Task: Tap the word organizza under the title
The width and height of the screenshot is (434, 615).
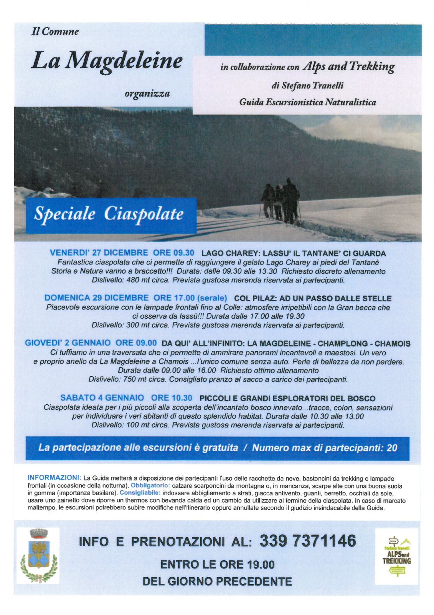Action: click(147, 93)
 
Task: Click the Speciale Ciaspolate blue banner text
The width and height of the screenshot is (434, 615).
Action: click(109, 214)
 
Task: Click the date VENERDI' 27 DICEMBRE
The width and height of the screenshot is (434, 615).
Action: click(99, 253)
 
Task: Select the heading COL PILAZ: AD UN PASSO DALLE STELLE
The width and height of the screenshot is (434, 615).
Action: click(312, 298)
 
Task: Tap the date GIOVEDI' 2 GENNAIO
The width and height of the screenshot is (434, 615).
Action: click(68, 343)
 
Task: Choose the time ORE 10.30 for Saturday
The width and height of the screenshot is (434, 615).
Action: click(172, 398)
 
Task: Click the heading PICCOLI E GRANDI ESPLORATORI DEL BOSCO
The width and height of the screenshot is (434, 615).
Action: click(287, 398)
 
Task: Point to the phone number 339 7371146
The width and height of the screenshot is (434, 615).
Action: click(308, 541)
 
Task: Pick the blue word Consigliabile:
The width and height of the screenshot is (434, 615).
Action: click(140, 492)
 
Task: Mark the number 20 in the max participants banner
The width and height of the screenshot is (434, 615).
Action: click(391, 448)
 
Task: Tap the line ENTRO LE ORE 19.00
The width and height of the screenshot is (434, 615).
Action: click(217, 564)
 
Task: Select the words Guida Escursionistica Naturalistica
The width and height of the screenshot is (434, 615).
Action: click(307, 102)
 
